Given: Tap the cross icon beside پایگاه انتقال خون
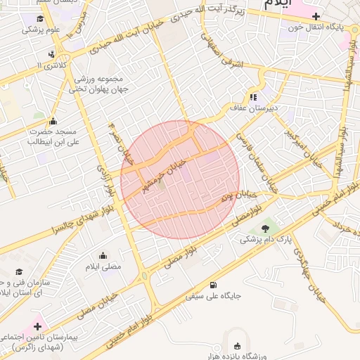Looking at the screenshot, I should tap(316, 16).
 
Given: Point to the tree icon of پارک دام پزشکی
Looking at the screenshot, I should tap(264, 228).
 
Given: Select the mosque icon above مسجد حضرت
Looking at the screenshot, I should tap(53, 121).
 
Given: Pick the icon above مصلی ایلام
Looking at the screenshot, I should tap(103, 255).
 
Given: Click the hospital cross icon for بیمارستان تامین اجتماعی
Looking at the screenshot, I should tap(37, 327).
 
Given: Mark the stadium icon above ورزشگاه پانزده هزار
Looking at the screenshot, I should tap(236, 345).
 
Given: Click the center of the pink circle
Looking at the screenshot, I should tap(180, 180).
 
